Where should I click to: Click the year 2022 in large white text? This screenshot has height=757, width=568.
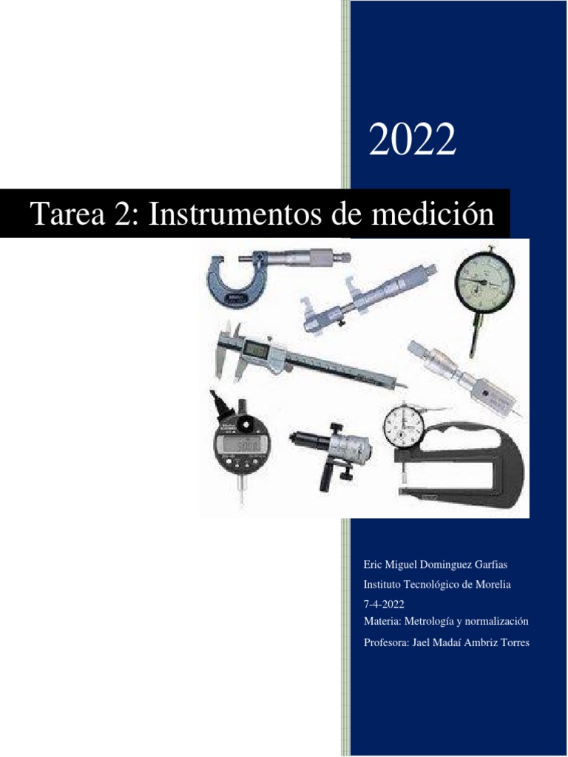pos(413,140)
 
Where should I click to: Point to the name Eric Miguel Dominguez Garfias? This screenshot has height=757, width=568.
pos(436,565)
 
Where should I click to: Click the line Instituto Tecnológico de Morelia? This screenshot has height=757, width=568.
pos(438,585)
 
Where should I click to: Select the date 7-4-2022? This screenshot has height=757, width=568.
pos(384,604)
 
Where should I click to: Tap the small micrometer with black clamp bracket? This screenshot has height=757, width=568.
pos(333,451)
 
